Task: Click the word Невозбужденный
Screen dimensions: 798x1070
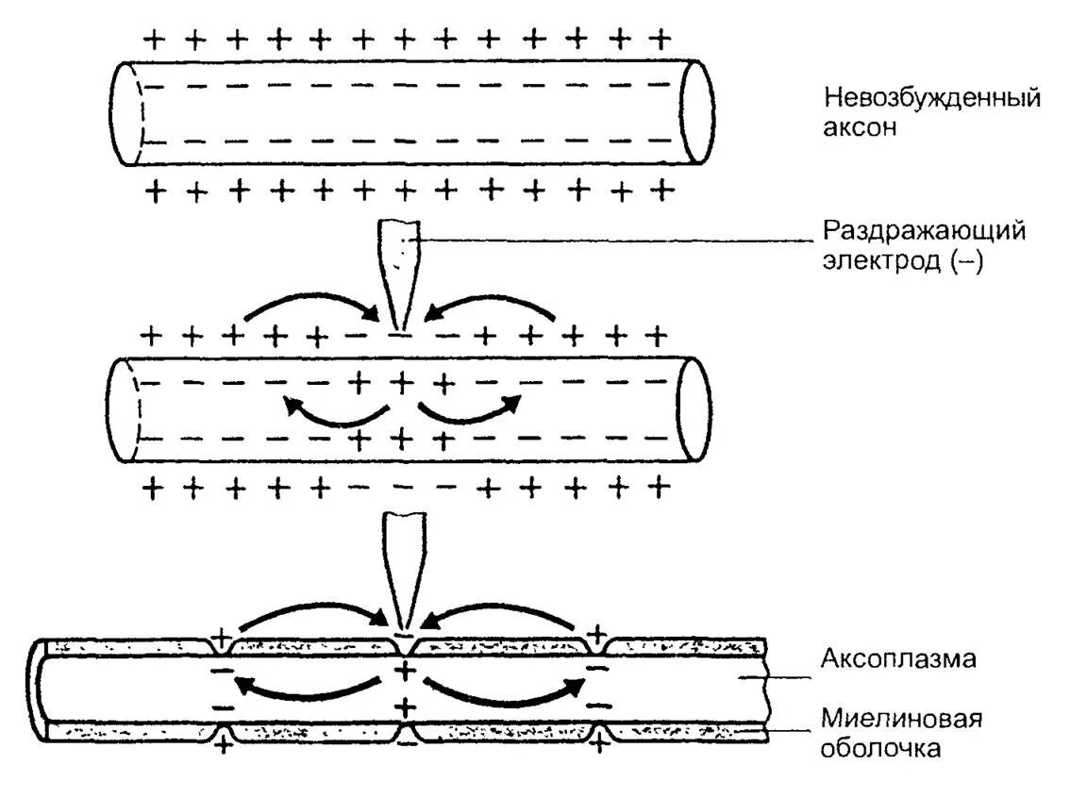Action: pos(932,98)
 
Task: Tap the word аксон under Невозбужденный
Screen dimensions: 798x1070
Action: pos(859,127)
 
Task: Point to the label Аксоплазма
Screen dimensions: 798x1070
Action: pos(896,657)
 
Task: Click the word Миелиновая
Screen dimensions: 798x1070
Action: pos(900,720)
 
